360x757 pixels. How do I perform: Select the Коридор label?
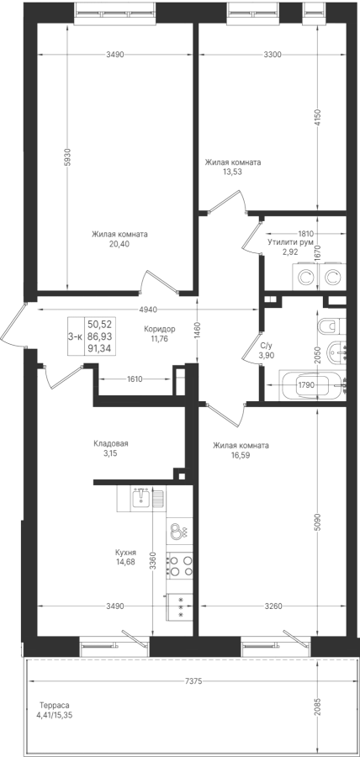tap(159, 329)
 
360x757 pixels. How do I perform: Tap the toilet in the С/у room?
tap(331, 326)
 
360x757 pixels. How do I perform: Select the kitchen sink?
tap(141, 497)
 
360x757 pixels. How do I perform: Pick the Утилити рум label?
tap(290, 242)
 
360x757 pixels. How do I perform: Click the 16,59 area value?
tap(241, 455)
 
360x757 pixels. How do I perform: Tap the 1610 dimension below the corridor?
tap(134, 379)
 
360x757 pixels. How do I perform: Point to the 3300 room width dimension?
tap(273, 55)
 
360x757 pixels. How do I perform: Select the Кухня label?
tap(125, 552)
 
